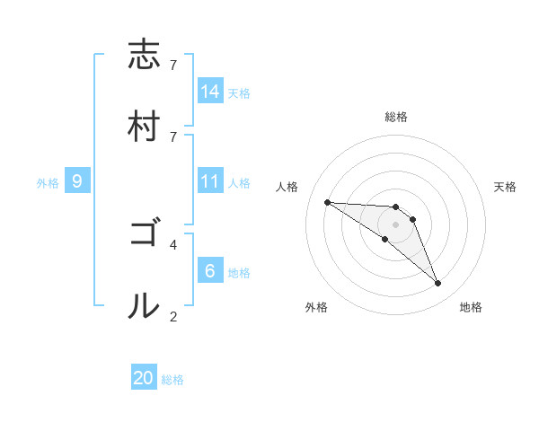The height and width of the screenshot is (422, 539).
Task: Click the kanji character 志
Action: [144, 55]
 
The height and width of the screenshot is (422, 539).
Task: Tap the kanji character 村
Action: [144, 125]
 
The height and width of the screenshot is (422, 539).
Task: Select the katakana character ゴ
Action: [144, 234]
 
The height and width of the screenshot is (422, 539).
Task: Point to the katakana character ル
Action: [144, 305]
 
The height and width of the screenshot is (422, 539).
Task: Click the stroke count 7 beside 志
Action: [173, 66]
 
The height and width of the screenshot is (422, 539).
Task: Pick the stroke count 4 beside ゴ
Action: [173, 243]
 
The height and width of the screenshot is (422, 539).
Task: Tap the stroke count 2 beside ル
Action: [173, 315]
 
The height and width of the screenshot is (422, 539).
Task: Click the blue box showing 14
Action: [209, 91]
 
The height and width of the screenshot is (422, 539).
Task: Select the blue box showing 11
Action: [209, 181]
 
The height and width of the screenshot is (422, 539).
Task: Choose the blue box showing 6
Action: [209, 270]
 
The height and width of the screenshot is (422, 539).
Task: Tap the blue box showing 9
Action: [77, 181]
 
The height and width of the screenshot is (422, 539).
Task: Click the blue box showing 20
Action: [144, 378]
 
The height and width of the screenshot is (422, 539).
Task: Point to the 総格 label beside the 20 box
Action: [173, 380]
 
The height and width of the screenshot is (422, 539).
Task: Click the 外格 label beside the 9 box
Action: [48, 183]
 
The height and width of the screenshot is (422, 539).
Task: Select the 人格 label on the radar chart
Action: [288, 187]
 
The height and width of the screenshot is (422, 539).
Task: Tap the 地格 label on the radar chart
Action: [471, 307]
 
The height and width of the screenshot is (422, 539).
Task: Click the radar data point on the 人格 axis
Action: [327, 202]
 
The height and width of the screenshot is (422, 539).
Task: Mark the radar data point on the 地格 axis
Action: [437, 284]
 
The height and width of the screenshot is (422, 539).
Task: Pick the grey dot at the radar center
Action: [395, 224]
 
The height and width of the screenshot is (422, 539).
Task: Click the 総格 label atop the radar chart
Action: [396, 117]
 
